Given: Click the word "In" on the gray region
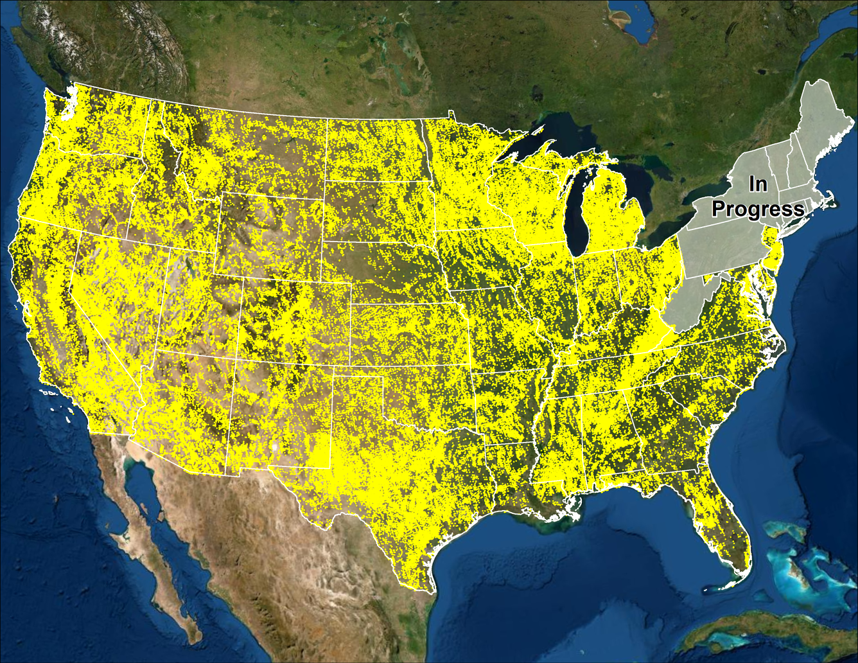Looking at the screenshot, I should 758,184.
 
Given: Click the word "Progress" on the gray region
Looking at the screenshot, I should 758,209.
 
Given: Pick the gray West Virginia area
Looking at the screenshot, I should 690,302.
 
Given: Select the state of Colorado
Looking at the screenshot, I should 295,321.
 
